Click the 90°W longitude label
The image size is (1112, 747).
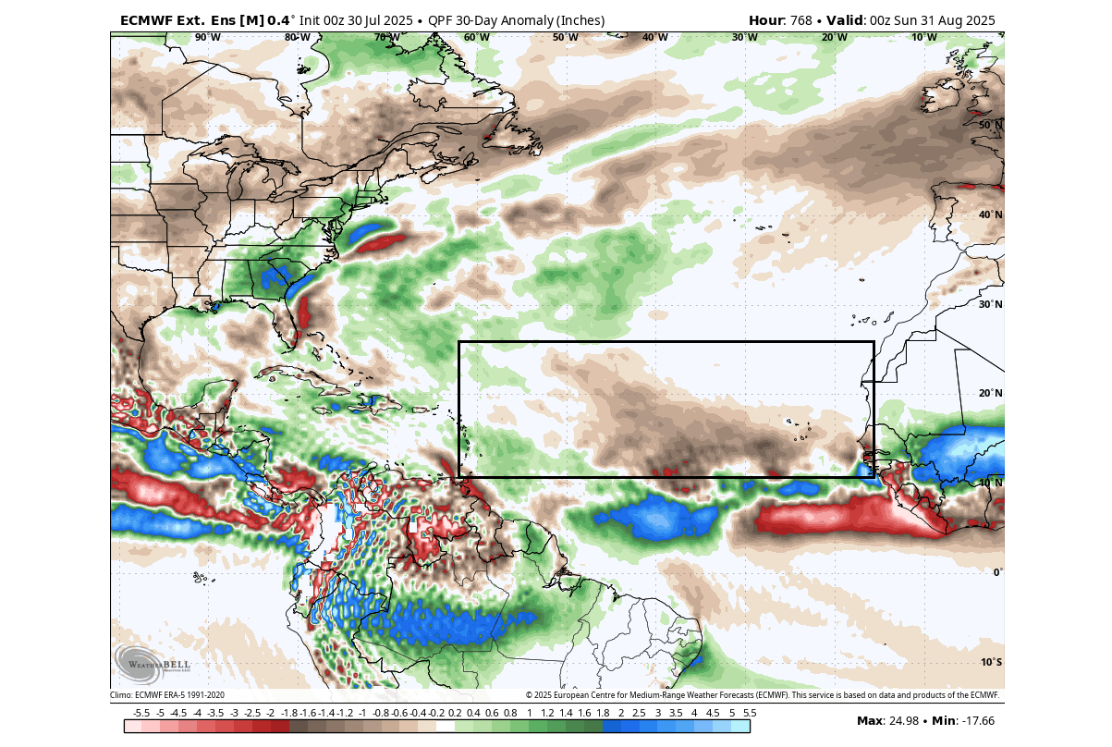(x=207, y=37)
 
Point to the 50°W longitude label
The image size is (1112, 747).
(x=565, y=37)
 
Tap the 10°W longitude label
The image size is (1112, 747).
(x=923, y=37)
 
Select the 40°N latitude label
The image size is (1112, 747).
(x=991, y=214)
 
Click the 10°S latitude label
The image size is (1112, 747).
(x=991, y=662)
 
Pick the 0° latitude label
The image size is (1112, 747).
(x=996, y=572)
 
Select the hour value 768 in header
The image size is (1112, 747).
(x=806, y=20)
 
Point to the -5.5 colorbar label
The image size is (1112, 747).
(x=141, y=713)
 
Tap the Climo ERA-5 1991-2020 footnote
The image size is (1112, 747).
(x=167, y=695)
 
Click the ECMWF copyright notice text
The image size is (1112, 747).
(x=763, y=695)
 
